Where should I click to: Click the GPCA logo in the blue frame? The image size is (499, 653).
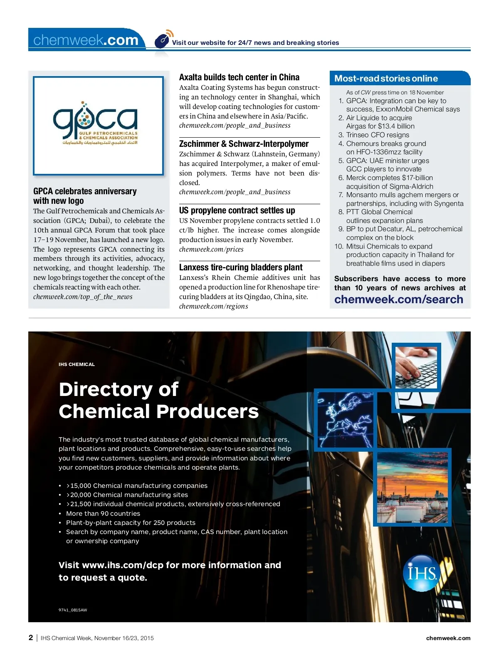click(98, 125)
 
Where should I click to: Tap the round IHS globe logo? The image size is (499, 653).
click(421, 573)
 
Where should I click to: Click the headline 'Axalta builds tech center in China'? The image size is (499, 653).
click(239, 77)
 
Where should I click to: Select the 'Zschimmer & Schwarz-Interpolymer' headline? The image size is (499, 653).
click(244, 144)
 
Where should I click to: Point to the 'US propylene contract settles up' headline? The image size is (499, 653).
click(237, 210)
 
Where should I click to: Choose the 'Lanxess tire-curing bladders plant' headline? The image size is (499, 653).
click(241, 267)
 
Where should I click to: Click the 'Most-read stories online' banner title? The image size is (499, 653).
click(386, 79)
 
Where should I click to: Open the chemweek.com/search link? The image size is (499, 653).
click(398, 299)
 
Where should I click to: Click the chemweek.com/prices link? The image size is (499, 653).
click(211, 250)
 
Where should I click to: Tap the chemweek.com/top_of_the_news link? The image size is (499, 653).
click(83, 297)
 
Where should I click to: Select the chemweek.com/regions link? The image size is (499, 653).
click(213, 307)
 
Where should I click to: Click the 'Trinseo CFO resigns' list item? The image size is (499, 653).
click(378, 135)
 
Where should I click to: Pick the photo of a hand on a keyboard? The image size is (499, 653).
click(417, 367)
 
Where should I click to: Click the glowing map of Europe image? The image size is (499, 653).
click(345, 420)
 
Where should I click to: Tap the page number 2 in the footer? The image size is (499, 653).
click(31, 638)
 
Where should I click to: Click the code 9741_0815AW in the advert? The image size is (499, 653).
click(73, 610)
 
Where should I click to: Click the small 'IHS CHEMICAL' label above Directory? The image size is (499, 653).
click(77, 364)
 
